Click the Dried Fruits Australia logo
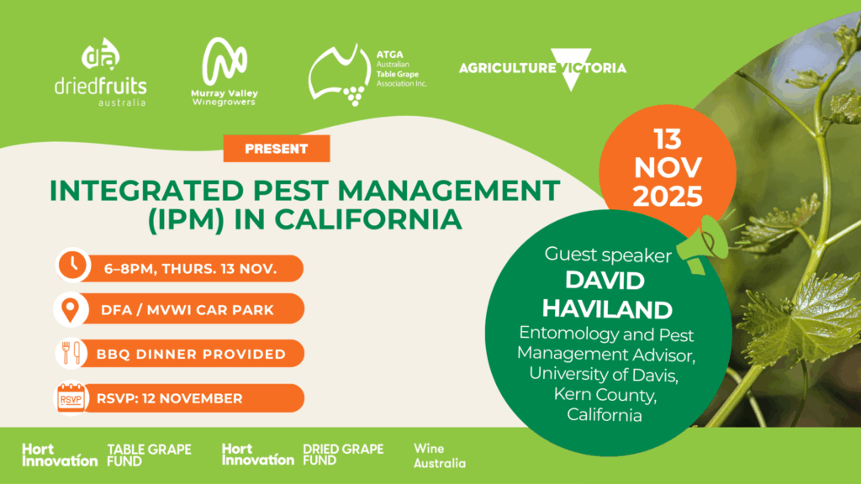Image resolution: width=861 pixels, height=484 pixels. point(101,72)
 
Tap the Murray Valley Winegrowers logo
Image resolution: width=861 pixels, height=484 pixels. point(224,71)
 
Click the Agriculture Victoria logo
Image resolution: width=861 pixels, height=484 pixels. point(542,69)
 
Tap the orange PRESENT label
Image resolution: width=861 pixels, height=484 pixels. point(277,149)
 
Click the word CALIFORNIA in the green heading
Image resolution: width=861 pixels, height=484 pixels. point(368,219)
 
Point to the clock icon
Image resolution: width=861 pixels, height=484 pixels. point(72,266)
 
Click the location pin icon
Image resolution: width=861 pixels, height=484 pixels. point(71,309)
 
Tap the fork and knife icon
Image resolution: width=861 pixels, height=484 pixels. point(71,353)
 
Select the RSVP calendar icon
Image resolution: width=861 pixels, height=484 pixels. point(71,397)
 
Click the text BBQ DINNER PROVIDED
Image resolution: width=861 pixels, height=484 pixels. point(191,354)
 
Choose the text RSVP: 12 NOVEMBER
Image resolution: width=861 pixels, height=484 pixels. point(170,398)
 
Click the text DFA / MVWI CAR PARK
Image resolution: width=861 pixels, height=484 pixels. point(188,310)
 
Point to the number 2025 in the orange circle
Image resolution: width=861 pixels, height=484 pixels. point(668,196)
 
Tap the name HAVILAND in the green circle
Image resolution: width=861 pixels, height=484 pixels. point(607,309)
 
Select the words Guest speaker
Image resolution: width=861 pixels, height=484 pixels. point(608,255)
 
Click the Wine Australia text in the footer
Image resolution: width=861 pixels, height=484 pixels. point(439,456)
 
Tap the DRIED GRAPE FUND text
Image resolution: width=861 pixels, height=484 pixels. point(343,455)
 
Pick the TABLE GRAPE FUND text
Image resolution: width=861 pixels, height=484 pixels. point(149,455)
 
